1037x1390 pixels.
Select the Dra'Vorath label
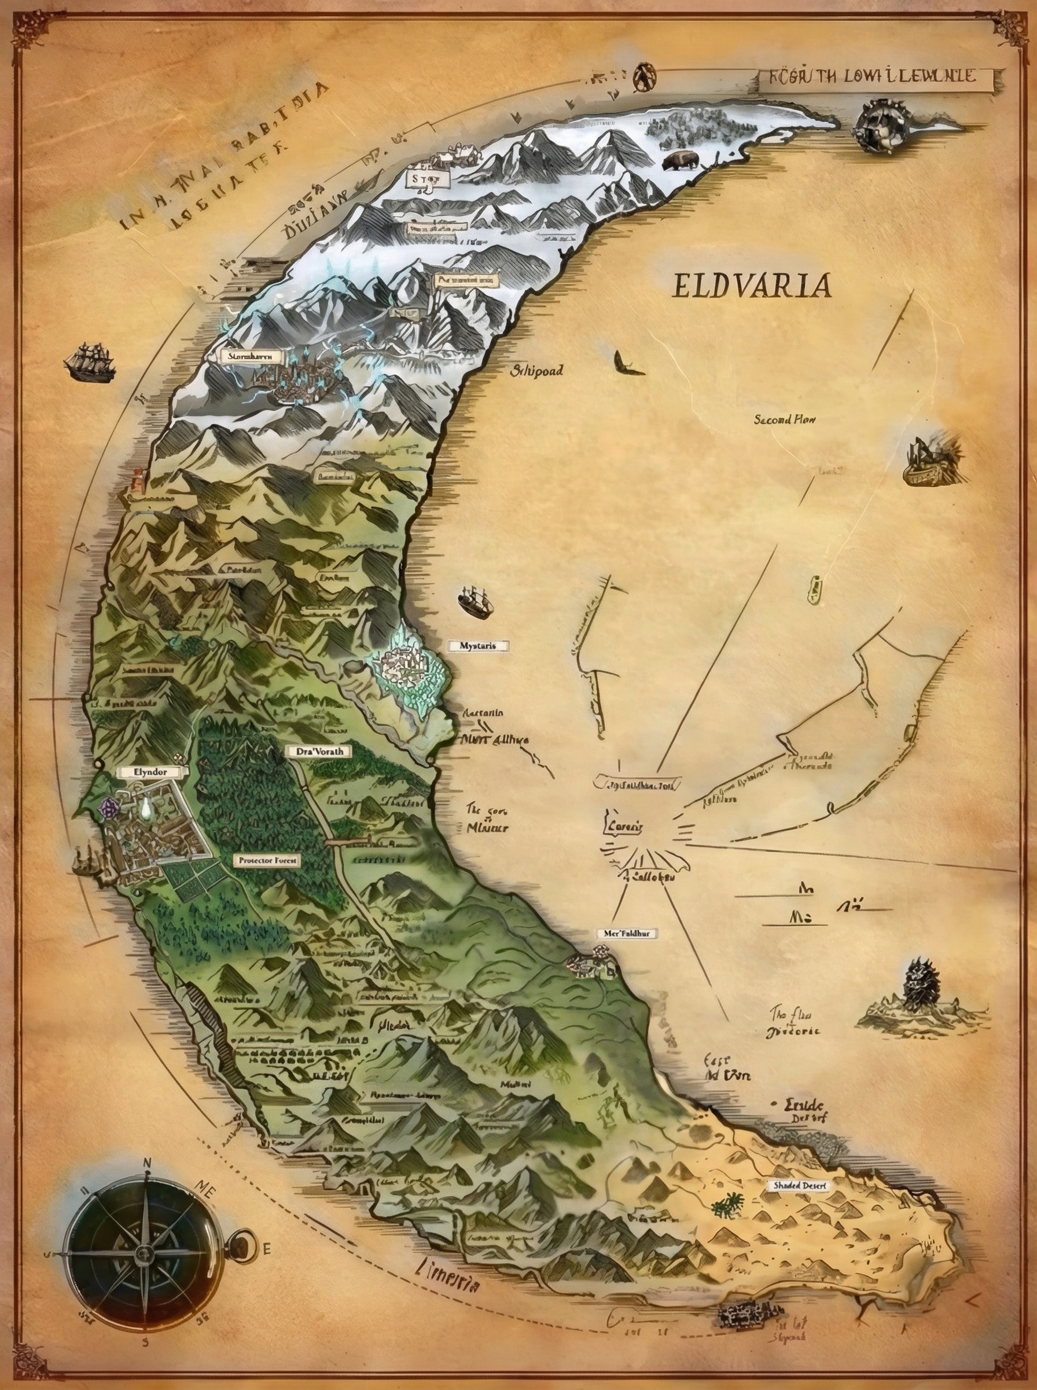point(319,751)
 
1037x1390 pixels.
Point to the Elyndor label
point(150,772)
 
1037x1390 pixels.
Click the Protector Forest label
point(267,861)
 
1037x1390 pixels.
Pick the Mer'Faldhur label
point(621,934)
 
